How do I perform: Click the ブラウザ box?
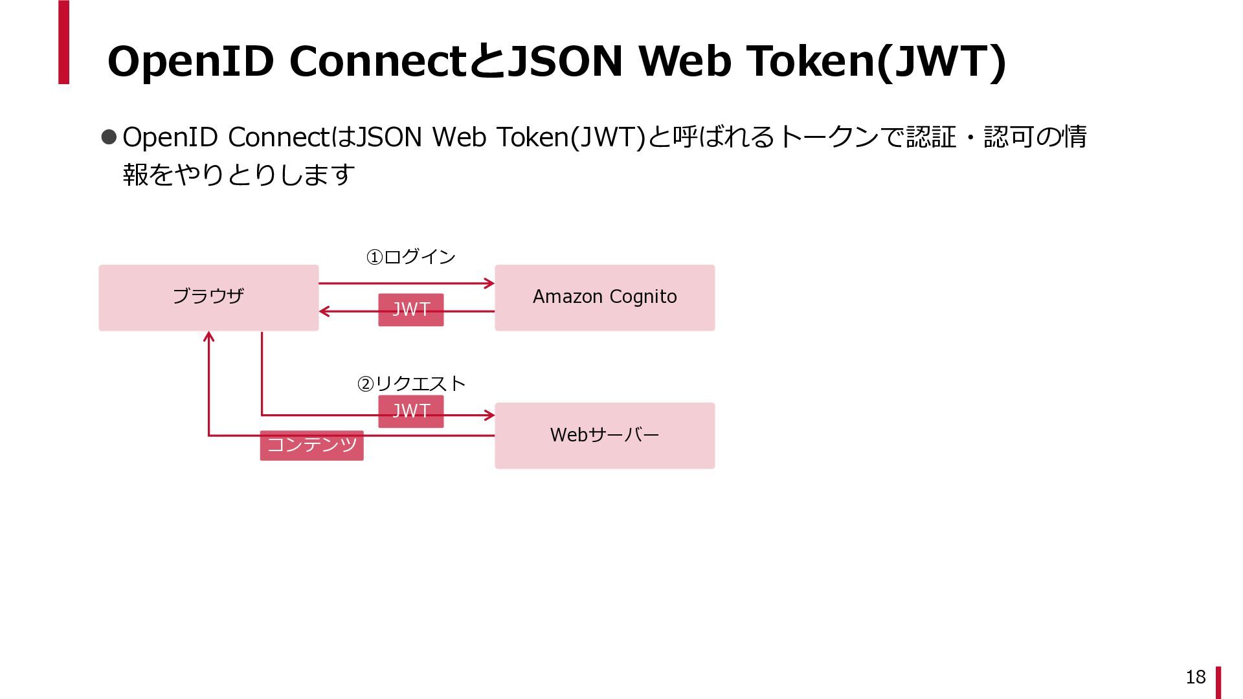208,297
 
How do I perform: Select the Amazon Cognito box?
605,297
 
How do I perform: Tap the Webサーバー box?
605,435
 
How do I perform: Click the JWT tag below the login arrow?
411,309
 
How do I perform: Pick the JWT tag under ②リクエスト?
411,411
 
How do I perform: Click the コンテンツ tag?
311,445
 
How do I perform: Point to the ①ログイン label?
411,257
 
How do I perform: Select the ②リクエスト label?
411,384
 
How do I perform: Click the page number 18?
1195,677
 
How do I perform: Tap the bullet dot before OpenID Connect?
109,137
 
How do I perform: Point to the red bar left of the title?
63,42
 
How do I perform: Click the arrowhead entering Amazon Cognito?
489,283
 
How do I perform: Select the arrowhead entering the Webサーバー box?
489,415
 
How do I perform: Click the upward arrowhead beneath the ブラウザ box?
208,337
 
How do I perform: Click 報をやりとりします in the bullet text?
239,175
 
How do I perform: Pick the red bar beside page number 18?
1218,682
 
